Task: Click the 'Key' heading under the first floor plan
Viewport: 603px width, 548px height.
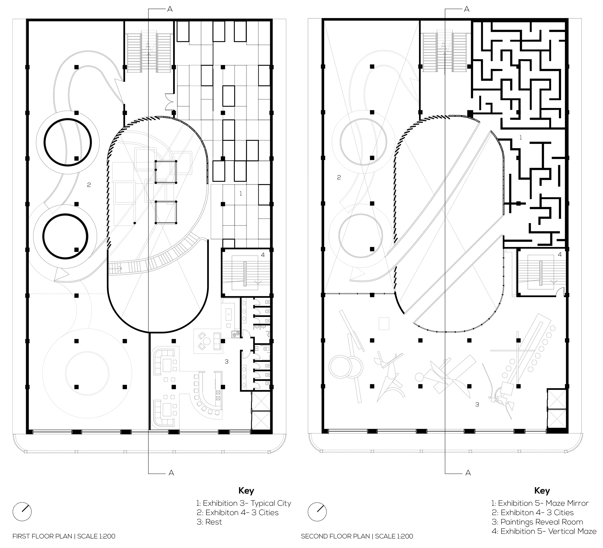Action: point(246,491)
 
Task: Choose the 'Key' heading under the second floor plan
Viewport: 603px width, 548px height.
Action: point(542,491)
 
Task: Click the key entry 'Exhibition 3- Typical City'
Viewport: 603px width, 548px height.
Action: point(244,503)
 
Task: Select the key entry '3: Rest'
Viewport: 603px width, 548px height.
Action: point(209,522)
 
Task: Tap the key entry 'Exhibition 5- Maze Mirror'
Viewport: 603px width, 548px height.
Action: point(540,503)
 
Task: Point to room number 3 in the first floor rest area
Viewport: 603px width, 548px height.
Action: point(226,362)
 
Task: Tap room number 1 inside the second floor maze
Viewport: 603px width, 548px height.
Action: point(521,138)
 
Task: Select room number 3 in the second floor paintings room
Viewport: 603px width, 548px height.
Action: point(477,405)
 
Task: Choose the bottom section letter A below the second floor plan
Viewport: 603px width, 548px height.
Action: point(468,473)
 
